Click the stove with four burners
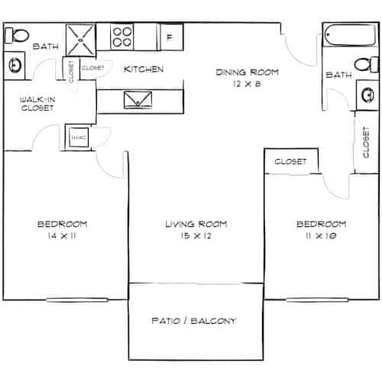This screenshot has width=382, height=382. tap(124, 37)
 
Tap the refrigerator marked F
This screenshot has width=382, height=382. tap(170, 36)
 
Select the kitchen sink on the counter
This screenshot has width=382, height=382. tap(138, 99)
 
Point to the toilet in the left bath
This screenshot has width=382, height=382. tap(18, 34)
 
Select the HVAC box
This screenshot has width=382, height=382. tap(77, 136)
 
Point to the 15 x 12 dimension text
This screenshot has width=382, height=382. tap(197, 237)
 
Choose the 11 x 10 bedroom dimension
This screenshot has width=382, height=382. tap(321, 237)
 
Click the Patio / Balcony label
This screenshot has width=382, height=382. tap(193, 320)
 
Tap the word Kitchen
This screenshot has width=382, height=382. tap(144, 70)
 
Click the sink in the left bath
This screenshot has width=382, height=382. tap(14, 65)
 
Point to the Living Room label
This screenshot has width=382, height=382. tap(197, 225)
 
